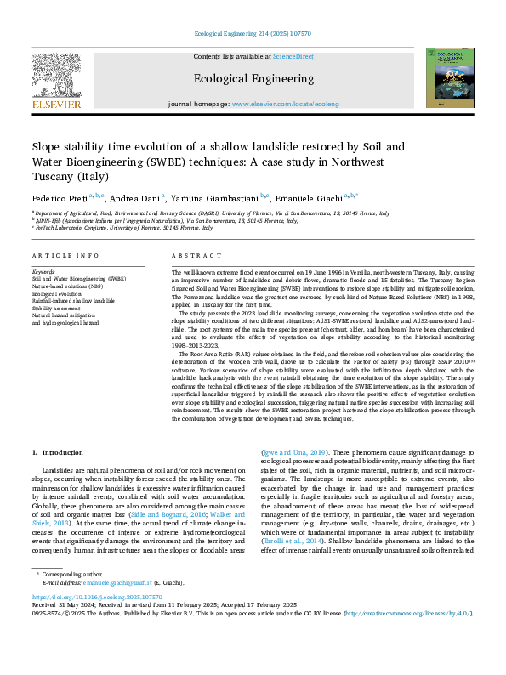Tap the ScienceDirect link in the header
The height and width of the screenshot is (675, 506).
(293, 56)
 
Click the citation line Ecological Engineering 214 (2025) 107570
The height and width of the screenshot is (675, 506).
(253, 33)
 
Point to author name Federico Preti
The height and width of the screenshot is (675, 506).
(58, 196)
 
